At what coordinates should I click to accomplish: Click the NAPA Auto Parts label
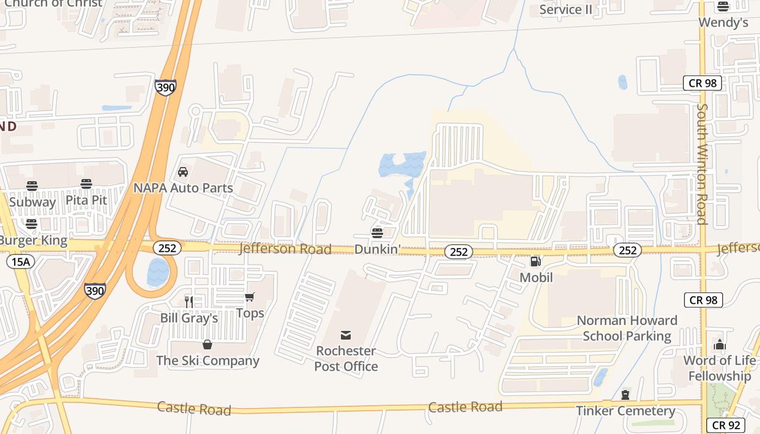tap(183, 188)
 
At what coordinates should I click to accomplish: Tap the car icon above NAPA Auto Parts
tap(183, 172)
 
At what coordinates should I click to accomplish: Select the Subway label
tap(33, 202)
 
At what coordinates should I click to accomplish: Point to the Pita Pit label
tap(86, 200)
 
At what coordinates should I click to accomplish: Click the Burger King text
tap(34, 240)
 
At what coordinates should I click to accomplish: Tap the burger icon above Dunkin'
tap(377, 233)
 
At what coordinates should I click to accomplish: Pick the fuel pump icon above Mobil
tap(536, 262)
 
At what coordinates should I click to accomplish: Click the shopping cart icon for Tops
tap(250, 297)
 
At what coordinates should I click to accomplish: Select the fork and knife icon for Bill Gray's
tap(188, 302)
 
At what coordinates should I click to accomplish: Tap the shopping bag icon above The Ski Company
tap(207, 344)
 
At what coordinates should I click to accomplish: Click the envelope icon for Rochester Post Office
tap(346, 335)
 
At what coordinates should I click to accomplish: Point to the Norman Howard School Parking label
tap(627, 328)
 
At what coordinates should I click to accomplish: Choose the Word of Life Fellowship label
tap(719, 368)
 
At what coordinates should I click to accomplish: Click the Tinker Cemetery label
tap(625, 411)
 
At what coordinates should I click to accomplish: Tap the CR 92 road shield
tap(725, 425)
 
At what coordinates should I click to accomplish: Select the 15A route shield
tap(21, 262)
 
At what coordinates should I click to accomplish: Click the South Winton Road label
tap(702, 164)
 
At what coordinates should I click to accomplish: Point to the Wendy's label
tap(723, 22)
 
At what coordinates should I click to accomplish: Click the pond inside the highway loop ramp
tap(158, 272)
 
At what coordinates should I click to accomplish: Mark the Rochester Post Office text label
tap(346, 359)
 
